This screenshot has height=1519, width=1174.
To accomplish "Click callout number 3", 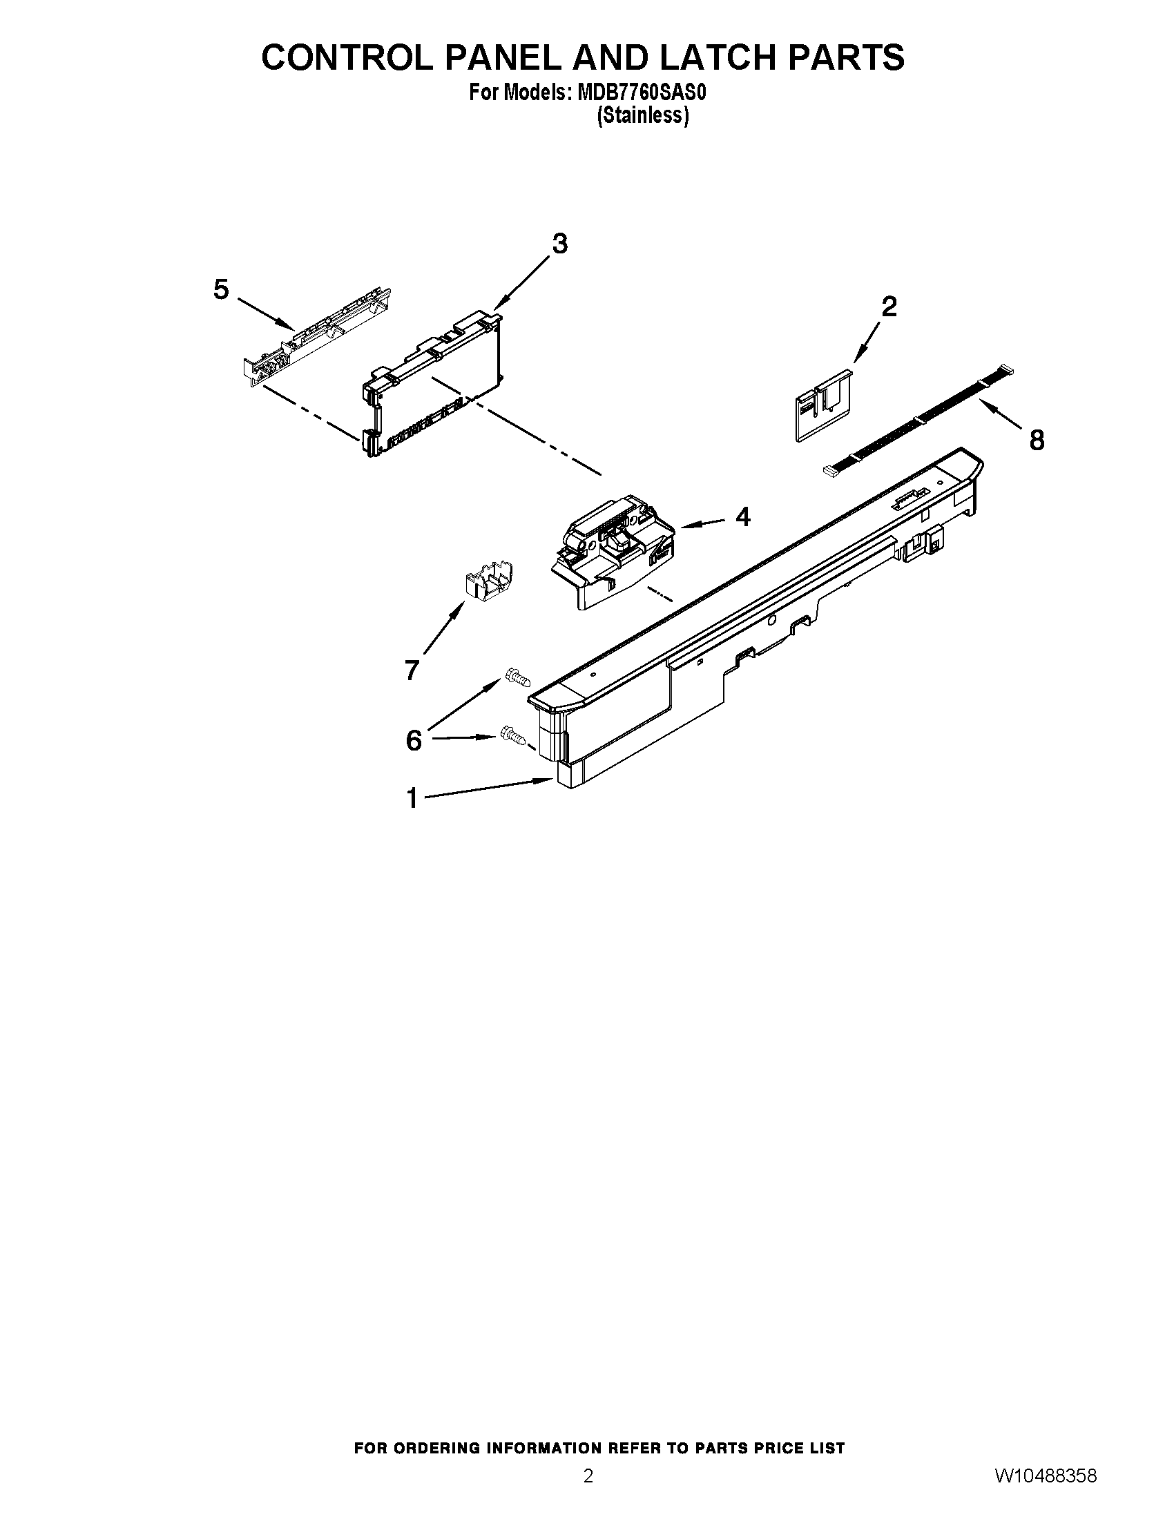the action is (560, 244).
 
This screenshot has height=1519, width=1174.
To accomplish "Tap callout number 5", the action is (221, 289).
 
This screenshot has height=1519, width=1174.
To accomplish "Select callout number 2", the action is (889, 307).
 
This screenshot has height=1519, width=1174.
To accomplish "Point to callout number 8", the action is (1037, 440).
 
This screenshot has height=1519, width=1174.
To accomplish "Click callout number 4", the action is (743, 516).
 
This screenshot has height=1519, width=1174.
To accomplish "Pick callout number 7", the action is (412, 670).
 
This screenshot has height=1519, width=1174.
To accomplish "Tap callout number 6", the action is (414, 741).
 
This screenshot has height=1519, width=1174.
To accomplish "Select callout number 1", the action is (412, 797).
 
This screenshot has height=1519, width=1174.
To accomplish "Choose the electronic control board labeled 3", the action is (431, 386).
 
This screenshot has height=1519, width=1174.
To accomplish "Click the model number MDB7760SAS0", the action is (642, 93).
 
